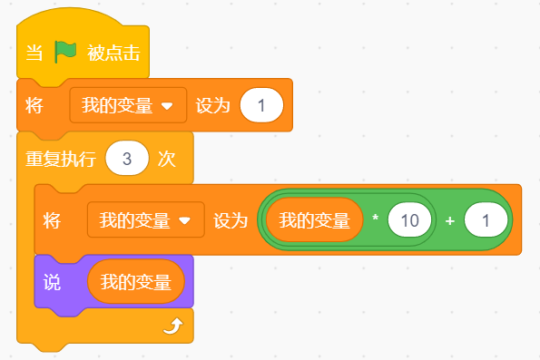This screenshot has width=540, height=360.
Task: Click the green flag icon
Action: (66, 52)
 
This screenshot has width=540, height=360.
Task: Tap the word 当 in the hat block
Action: (34, 53)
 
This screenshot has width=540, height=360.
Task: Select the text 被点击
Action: (113, 53)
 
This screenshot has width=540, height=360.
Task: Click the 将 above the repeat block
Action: (34, 105)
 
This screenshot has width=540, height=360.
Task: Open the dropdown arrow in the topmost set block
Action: (166, 105)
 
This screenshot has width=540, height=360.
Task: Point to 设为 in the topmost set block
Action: (213, 105)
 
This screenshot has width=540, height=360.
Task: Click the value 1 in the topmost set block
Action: (261, 105)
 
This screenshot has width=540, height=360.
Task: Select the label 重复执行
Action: (61, 159)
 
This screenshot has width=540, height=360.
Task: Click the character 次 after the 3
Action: (166, 159)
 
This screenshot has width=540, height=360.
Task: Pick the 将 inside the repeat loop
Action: (52, 219)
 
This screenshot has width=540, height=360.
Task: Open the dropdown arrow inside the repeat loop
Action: (184, 219)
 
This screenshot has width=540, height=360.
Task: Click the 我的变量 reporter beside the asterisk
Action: (314, 219)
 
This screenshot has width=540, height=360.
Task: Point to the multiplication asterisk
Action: (375, 219)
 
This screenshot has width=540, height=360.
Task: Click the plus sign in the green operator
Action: (449, 219)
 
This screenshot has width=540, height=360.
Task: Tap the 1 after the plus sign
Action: (485, 219)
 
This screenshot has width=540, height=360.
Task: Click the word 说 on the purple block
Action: (52, 283)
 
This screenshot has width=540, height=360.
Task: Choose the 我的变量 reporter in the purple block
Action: (135, 283)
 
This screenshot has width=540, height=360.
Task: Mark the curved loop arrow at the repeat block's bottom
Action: (172, 326)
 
